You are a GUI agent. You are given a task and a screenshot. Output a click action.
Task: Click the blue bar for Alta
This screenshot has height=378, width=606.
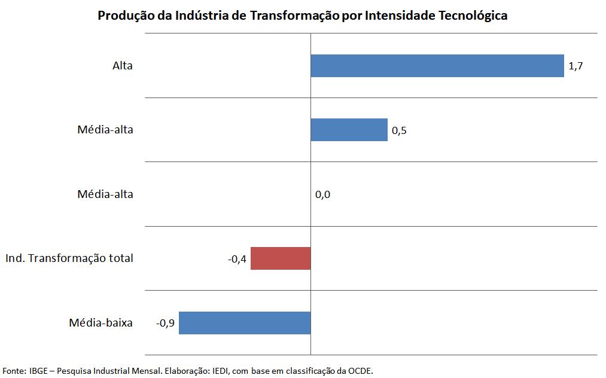click(437, 66)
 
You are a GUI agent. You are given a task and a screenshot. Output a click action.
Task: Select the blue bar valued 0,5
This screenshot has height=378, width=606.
click(349, 130)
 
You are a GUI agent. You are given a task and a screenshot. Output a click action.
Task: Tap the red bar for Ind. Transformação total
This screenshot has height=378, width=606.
click(281, 258)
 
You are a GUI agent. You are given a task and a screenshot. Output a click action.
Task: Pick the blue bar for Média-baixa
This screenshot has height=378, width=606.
click(245, 323)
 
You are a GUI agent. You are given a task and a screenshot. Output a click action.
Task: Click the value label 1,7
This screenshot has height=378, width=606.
click(575, 66)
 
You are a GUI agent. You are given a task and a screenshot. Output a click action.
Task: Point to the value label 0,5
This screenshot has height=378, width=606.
click(399, 130)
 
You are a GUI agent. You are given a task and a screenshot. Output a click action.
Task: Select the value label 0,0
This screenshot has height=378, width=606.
click(322, 194)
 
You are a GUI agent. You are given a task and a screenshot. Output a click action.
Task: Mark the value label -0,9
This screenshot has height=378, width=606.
click(165, 324)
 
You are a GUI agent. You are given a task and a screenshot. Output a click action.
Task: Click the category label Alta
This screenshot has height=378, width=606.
click(123, 66)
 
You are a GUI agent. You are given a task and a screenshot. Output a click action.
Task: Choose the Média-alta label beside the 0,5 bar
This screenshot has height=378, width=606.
click(105, 130)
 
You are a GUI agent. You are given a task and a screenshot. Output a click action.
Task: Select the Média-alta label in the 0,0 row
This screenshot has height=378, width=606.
click(105, 194)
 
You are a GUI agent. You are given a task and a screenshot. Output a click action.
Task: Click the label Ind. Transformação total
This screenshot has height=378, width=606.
click(69, 258)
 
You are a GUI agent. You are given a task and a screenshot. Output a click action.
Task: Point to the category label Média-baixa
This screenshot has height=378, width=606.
click(101, 323)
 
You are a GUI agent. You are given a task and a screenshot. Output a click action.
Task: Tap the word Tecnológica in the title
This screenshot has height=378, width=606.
click(473, 16)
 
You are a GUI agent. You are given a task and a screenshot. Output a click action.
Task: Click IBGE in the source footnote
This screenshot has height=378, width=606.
click(38, 371)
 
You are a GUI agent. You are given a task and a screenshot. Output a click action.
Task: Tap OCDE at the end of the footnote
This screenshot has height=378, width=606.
click(360, 371)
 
